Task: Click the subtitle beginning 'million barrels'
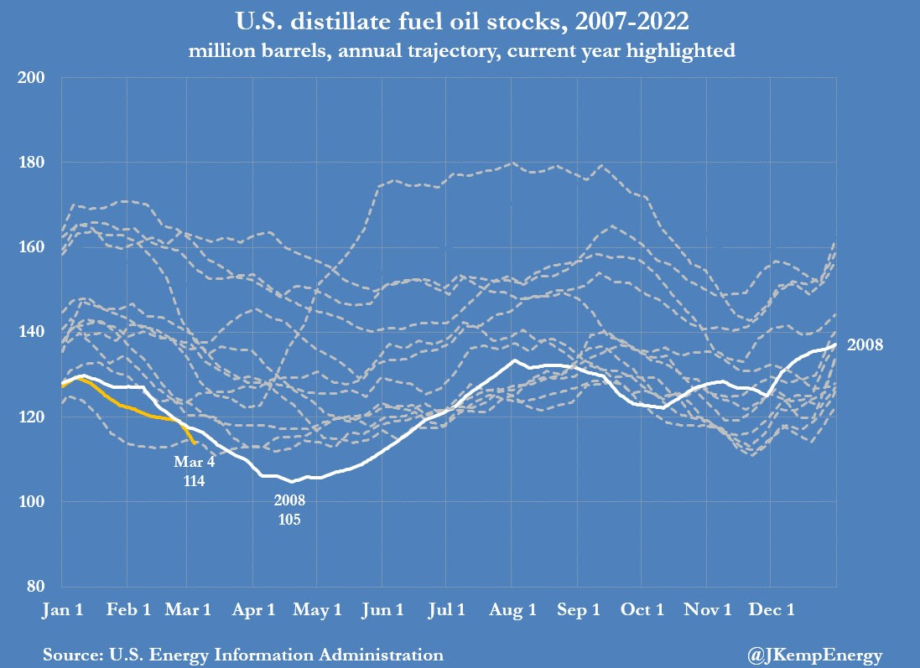pyautogui.click(x=460, y=51)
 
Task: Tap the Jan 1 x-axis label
pyautogui.click(x=62, y=610)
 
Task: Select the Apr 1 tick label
pyautogui.click(x=252, y=610)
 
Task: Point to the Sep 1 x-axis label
pyautogui.click(x=577, y=610)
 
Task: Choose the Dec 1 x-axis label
pyautogui.click(x=771, y=610)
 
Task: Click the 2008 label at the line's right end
pyautogui.click(x=864, y=344)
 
